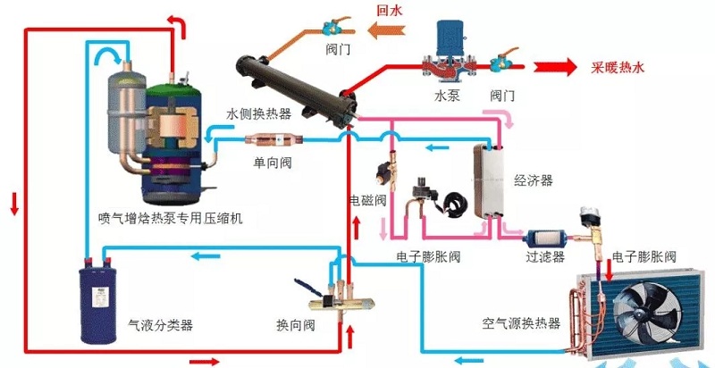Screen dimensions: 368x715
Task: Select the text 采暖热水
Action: click(x=618, y=68)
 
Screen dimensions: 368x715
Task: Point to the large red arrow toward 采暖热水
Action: click(x=554, y=67)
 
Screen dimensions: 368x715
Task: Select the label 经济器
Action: click(x=534, y=180)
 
